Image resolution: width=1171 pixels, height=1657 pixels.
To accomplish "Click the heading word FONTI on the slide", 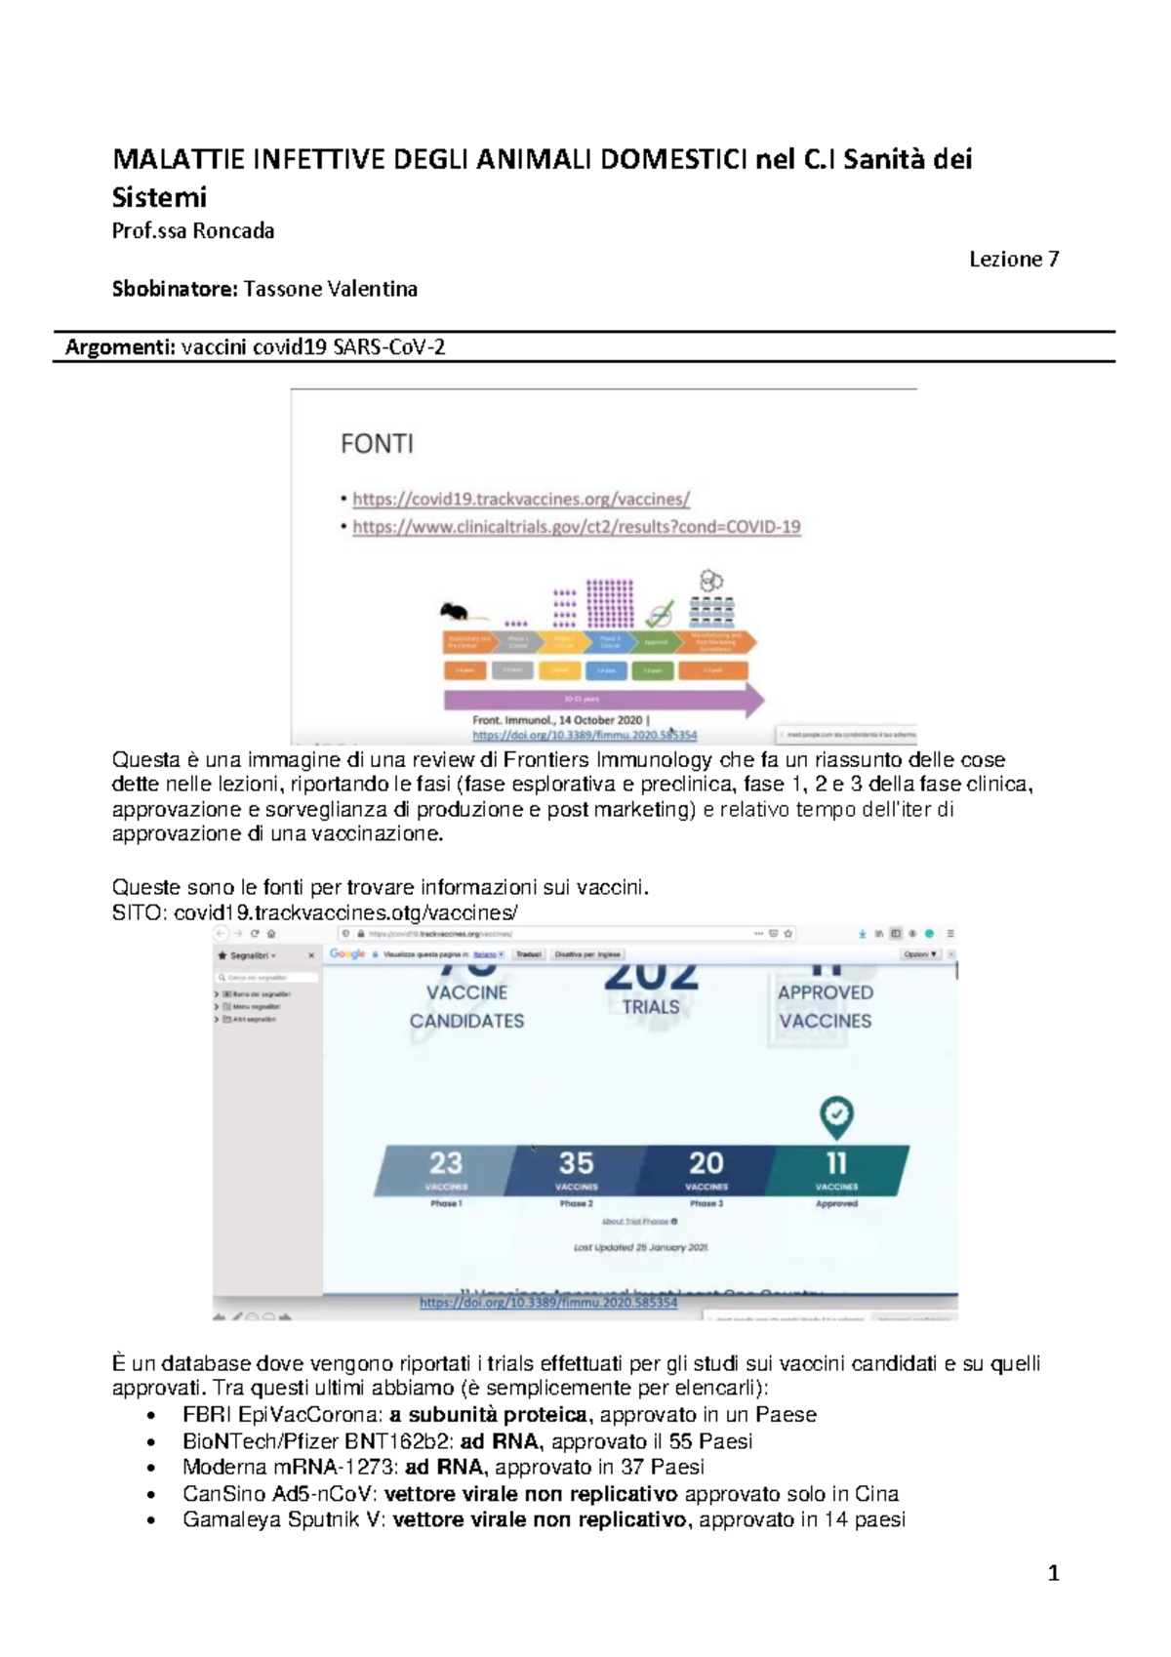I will coord(377,444).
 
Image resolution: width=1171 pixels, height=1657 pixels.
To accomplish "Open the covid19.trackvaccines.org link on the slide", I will coord(520,499).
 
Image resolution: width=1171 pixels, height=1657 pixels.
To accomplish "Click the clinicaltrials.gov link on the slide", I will coord(576,527).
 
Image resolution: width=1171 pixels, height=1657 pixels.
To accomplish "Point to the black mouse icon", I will coord(454,613).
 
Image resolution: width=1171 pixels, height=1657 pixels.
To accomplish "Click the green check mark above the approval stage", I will coord(661,614).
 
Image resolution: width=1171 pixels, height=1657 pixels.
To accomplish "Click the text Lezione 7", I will coord(1013,260).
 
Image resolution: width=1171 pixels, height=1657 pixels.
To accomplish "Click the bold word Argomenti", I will coord(120,347).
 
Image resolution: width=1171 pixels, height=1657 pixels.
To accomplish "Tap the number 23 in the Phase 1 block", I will coord(446,1163).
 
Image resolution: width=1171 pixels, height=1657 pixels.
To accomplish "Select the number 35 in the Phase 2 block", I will coord(576,1163).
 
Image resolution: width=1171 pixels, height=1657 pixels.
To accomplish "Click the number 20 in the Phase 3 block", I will coord(706,1163).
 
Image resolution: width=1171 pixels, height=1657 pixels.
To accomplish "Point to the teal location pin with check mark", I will coord(836,1115).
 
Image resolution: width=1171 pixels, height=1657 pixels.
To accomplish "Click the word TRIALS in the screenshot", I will coord(651,1007).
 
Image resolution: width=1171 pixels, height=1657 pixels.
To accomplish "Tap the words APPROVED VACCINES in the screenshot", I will coord(826,1006).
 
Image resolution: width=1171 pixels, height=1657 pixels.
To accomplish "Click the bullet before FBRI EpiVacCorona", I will coord(150,1416).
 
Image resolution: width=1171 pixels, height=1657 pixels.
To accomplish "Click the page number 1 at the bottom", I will coord(1053,1573).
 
